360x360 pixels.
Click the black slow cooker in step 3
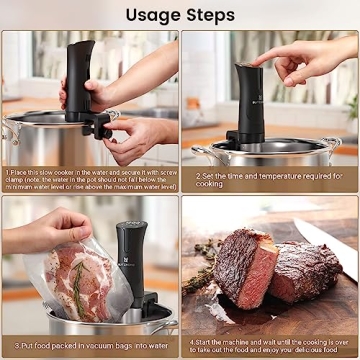(130, 260)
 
